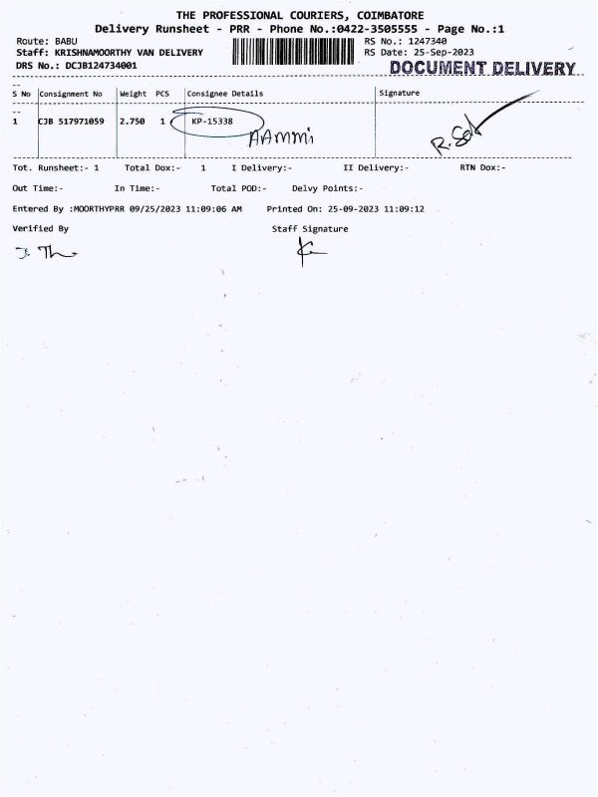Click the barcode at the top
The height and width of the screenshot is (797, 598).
297,52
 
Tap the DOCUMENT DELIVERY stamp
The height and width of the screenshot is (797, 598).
482,68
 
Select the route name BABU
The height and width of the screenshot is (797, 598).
68,41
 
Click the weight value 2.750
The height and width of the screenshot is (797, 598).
132,121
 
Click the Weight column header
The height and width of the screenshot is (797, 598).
133,94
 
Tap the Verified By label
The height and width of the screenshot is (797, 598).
41,228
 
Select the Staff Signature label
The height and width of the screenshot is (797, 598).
310,229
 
